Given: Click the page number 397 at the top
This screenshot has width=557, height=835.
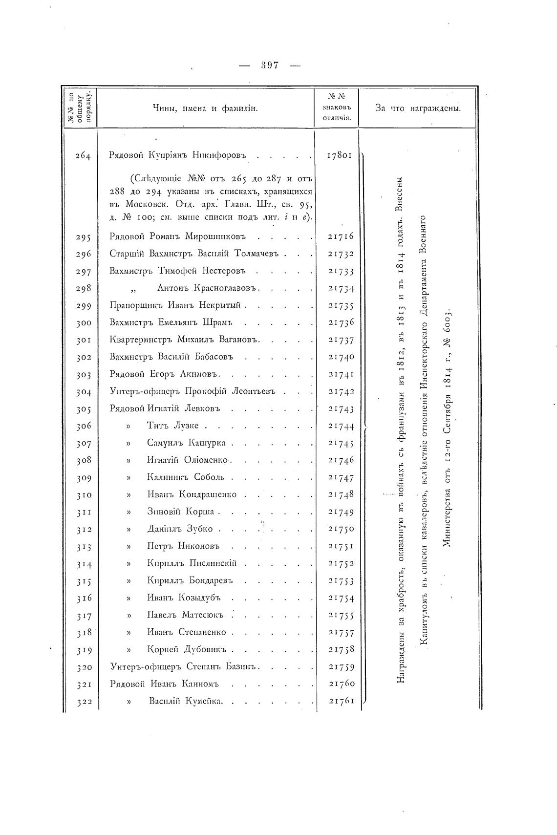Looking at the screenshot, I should click(270, 65).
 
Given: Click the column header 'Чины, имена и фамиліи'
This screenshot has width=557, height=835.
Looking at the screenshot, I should click(205, 108).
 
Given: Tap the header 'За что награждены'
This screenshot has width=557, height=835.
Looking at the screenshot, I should click(418, 108).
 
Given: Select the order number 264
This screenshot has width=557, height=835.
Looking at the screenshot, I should click(83, 156).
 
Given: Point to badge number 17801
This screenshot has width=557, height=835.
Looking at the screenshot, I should click(340, 156).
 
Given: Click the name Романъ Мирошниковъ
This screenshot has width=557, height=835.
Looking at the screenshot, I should click(215, 236).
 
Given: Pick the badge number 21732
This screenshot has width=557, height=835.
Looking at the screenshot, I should click(341, 254).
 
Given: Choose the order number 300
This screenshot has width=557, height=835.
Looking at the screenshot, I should click(84, 323).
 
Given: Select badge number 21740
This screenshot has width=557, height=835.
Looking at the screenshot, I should click(341, 357).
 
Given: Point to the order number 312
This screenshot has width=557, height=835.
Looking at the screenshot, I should click(84, 530).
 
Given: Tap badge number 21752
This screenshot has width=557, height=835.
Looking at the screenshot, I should click(341, 563).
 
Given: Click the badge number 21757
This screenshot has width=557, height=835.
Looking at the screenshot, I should click(341, 633).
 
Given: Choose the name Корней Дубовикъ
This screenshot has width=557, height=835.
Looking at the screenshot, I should click(188, 650).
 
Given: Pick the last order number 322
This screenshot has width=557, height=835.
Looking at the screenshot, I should click(84, 702).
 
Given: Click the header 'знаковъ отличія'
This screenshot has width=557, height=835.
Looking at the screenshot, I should click(338, 112).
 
